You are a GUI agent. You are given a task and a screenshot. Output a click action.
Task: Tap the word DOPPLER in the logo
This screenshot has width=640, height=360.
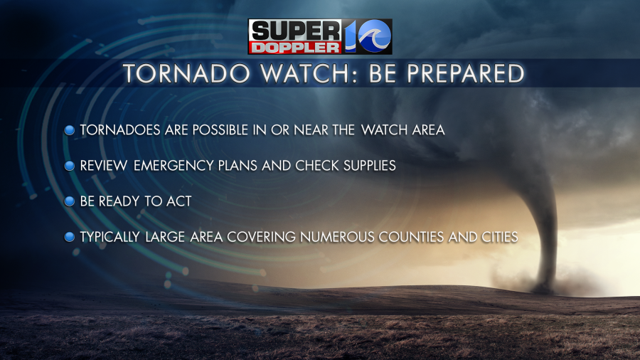(x=295, y=48)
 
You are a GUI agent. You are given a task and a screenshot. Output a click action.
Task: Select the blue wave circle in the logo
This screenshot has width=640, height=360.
(x=374, y=36)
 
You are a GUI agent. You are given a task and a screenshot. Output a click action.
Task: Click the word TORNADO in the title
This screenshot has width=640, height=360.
(x=186, y=73)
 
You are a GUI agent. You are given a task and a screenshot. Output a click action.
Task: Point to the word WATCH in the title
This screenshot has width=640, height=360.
(x=309, y=73)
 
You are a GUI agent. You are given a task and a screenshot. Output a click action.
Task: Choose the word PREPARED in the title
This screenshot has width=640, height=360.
(x=465, y=73)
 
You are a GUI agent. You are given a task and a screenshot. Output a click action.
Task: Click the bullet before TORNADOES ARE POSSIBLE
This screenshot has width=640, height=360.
(x=70, y=130)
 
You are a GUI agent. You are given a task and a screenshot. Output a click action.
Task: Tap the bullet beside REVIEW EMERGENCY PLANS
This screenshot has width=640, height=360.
(x=70, y=166)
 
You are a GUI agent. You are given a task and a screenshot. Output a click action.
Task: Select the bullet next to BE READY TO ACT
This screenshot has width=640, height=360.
(x=70, y=201)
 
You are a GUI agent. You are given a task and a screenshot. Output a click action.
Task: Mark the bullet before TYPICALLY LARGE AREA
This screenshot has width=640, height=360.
(x=70, y=237)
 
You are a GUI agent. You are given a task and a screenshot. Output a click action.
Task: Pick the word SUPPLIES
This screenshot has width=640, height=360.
(x=369, y=165)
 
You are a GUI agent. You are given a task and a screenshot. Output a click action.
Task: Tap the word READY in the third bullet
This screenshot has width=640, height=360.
(x=119, y=201)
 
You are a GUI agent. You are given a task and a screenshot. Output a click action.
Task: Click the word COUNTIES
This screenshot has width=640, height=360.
(x=411, y=237)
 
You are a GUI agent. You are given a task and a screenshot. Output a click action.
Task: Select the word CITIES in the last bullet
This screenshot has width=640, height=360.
(x=500, y=237)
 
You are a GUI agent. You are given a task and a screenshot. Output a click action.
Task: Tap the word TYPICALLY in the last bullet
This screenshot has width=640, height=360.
(x=110, y=237)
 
